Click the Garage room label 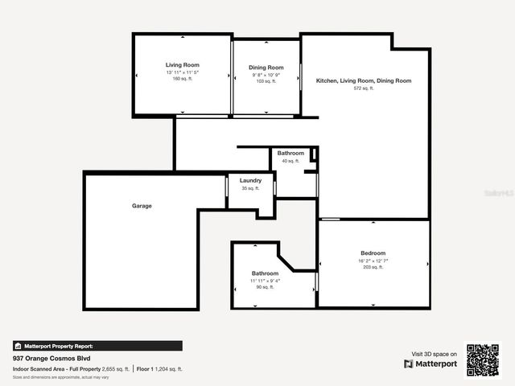click(x=142, y=206)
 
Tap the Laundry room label click(x=250, y=181)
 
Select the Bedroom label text click(x=373, y=253)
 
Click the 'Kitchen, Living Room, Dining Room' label click(x=363, y=80)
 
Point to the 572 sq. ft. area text click(x=364, y=88)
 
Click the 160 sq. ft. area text click(x=183, y=79)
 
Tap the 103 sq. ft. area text click(x=266, y=81)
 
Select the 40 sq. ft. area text click(x=290, y=161)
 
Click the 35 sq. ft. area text click(x=250, y=188)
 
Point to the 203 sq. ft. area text click(x=373, y=267)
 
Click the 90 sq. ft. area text click(x=265, y=287)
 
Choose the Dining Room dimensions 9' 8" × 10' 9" click(x=266, y=75)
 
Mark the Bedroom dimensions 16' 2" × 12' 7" click(x=373, y=261)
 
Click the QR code click(x=483, y=360)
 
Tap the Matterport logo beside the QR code click(x=431, y=363)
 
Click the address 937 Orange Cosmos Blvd click(x=51, y=358)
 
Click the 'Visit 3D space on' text click(x=435, y=354)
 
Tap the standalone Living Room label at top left click(x=183, y=64)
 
